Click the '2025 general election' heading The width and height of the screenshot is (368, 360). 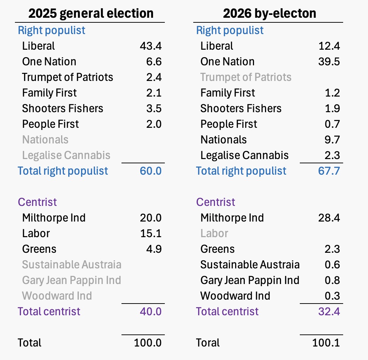91,13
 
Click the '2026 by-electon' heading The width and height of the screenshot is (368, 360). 269,13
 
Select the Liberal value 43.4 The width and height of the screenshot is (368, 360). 151,46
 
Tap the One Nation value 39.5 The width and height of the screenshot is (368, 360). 329,62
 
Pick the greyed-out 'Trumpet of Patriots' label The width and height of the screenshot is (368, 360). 246,77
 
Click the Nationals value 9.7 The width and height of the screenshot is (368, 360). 332,140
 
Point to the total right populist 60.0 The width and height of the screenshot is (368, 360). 151,171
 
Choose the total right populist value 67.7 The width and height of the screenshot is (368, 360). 329,171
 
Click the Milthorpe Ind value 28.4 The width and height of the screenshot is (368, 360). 329,218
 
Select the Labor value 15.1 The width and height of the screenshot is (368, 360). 151,234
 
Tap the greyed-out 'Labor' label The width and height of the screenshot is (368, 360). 214,234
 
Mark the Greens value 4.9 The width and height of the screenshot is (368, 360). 154,249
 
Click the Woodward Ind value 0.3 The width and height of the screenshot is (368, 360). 332,296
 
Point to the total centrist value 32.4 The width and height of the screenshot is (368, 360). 329,312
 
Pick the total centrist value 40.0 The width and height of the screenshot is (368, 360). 151,312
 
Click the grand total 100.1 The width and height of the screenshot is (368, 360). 326,343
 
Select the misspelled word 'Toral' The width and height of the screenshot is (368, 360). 208,343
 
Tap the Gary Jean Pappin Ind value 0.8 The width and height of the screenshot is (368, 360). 332,280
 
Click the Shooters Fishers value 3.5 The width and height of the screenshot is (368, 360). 154,109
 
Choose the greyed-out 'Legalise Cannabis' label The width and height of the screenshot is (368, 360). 66,155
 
